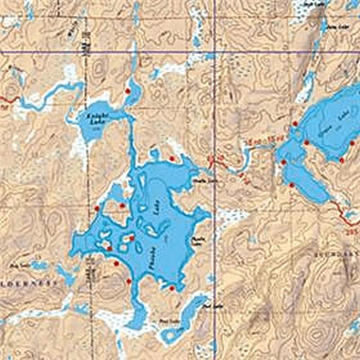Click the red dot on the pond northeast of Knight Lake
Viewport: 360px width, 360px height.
(127, 91)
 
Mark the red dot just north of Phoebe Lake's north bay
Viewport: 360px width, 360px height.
(171, 158)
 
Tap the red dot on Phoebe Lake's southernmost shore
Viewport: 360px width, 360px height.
(171, 288)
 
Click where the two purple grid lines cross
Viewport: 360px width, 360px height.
(215, 52)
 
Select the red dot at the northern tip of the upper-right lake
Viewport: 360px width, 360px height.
(295, 123)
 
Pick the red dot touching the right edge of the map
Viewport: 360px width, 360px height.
(352, 143)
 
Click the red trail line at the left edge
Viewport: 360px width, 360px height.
(7, 98)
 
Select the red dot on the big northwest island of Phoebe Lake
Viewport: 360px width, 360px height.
(122, 206)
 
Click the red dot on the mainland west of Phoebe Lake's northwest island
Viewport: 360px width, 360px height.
(97, 208)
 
